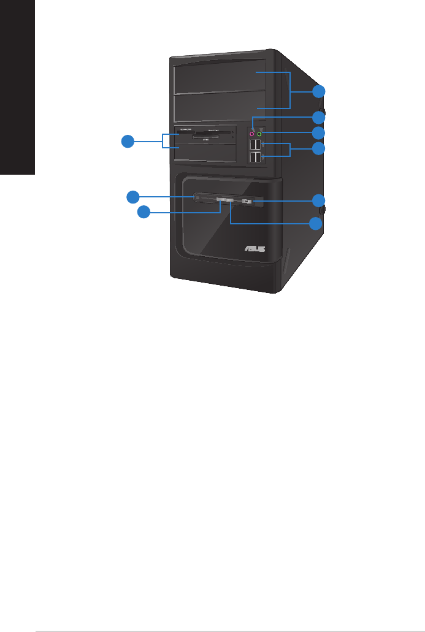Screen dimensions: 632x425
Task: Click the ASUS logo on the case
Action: point(256,248)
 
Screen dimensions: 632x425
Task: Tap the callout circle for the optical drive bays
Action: point(318,92)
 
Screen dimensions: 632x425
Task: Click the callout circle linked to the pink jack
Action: point(318,117)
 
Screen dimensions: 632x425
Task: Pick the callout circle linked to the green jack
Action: point(318,132)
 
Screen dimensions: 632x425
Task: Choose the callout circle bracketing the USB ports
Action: point(318,149)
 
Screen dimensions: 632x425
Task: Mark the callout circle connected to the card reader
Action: point(127,142)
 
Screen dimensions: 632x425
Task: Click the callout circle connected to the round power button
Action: point(133,196)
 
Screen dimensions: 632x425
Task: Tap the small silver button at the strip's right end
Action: point(246,200)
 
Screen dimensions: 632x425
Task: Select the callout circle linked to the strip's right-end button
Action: point(318,200)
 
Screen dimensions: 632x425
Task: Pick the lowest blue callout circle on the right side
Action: point(316,224)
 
